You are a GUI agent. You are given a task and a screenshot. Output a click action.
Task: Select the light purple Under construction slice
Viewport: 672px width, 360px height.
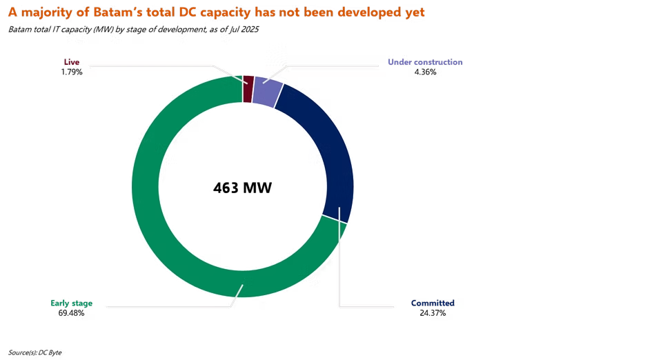[x=267, y=92]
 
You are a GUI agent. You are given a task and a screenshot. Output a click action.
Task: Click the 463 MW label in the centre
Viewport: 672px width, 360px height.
[x=243, y=188]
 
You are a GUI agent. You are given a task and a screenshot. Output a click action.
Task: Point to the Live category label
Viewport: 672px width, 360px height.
[x=72, y=62]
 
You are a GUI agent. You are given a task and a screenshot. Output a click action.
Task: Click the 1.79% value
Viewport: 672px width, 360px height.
[x=72, y=72]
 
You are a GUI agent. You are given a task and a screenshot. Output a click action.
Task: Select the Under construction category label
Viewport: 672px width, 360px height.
[x=425, y=62]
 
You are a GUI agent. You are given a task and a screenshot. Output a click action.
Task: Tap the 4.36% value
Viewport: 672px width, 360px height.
[x=425, y=72]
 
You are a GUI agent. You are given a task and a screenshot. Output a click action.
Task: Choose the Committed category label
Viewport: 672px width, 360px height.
[x=433, y=303]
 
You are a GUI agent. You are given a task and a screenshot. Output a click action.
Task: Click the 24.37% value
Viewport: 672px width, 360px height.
[x=433, y=313]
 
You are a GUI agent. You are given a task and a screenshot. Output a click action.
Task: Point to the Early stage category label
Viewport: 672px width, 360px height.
[x=72, y=303]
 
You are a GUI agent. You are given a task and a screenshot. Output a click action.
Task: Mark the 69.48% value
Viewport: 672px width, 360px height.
[x=72, y=313]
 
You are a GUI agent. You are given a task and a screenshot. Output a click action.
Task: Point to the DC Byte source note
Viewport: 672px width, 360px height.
[x=50, y=352]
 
